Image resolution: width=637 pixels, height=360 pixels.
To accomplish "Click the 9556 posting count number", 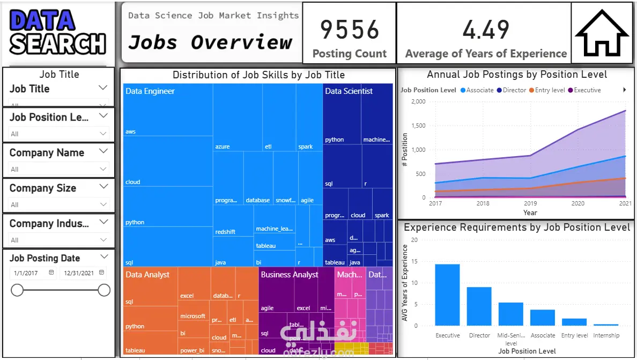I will pyautogui.click(x=350, y=30).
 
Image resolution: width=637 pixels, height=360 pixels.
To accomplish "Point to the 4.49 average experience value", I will pyautogui.click(x=486, y=30).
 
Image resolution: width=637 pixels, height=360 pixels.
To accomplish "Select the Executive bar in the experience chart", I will pyautogui.click(x=447, y=295).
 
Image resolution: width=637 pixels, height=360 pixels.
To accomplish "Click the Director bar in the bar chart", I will pyautogui.click(x=479, y=306).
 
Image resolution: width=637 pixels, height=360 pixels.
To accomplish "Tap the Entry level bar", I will pyautogui.click(x=574, y=322).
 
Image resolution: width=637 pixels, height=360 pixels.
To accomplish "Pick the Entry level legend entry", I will pyautogui.click(x=546, y=90).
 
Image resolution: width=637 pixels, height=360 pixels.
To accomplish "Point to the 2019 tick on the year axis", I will pyautogui.click(x=530, y=204).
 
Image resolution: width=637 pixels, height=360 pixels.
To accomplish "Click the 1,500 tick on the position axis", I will pyautogui.click(x=417, y=126).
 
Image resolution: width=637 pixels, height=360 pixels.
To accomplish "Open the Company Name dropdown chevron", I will pyautogui.click(x=103, y=152).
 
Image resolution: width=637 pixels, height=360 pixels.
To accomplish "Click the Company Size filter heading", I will pyautogui.click(x=43, y=188).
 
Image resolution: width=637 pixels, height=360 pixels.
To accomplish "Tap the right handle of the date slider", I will pyautogui.click(x=104, y=290).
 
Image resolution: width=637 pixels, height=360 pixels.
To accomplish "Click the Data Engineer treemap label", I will pyautogui.click(x=150, y=91).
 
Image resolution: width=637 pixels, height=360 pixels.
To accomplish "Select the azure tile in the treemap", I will pyautogui.click(x=223, y=146).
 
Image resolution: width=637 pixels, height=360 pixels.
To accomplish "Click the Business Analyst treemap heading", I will pyautogui.click(x=290, y=275).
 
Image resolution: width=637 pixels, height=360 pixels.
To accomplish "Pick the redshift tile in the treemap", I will pyautogui.click(x=225, y=232).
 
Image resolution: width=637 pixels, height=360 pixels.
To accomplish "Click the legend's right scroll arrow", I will pyautogui.click(x=625, y=90).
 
